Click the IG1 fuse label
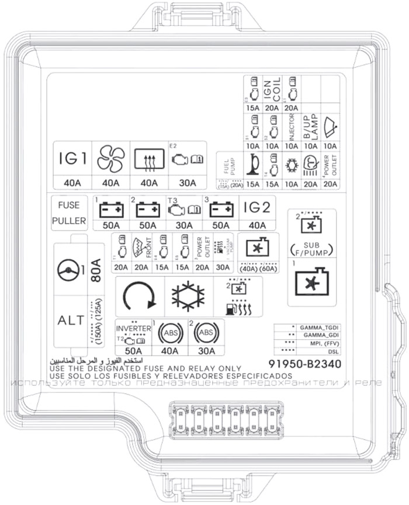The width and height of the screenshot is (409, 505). click(x=73, y=158)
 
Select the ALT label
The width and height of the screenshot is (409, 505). click(x=71, y=320)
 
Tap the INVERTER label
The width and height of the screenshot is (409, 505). click(x=134, y=329)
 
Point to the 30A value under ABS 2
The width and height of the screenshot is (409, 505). click(x=206, y=351)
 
